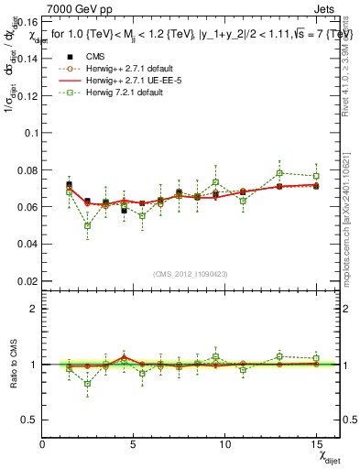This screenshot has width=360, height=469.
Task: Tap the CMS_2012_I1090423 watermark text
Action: (x=191, y=273)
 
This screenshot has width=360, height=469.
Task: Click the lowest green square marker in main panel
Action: (x=87, y=225)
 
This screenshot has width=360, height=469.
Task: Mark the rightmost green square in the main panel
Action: (x=316, y=176)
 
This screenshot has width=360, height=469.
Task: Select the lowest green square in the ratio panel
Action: (x=87, y=384)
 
